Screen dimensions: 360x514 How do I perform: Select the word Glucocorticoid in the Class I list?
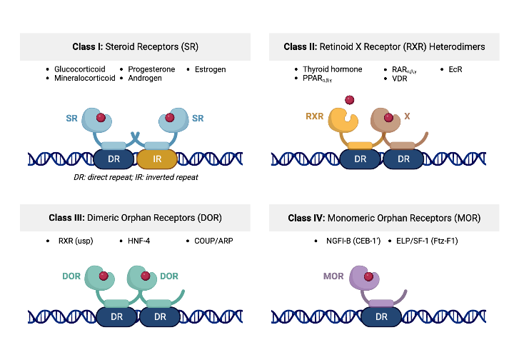79,69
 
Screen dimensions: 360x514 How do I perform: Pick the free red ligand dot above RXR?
349,99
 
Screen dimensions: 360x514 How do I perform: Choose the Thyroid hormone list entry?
332,69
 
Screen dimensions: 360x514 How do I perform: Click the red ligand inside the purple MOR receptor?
368,276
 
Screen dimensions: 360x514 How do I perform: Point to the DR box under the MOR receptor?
381,316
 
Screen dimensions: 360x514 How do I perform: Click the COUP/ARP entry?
213,241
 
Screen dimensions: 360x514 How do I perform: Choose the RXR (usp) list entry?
76,241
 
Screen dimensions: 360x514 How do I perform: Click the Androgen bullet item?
145,78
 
